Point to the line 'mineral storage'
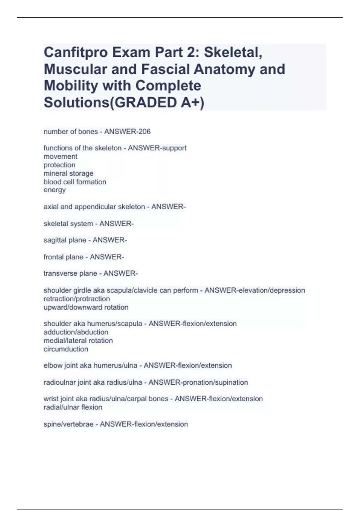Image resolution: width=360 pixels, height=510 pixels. click(x=68, y=173)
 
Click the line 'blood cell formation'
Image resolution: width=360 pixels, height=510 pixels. click(x=75, y=182)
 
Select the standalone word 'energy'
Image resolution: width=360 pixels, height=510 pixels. click(x=55, y=190)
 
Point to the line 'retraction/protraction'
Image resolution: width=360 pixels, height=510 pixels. click(x=76, y=299)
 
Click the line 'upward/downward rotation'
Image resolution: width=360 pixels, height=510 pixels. click(x=86, y=307)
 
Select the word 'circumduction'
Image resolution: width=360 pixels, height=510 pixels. click(x=66, y=349)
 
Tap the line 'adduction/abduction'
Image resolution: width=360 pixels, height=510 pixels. click(x=76, y=332)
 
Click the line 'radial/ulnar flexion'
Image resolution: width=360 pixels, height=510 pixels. click(x=73, y=407)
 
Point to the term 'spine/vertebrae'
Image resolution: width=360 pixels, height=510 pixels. click(x=68, y=424)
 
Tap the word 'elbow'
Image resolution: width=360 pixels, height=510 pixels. click(x=53, y=365)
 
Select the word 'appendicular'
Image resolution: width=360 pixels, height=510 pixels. click(x=94, y=207)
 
